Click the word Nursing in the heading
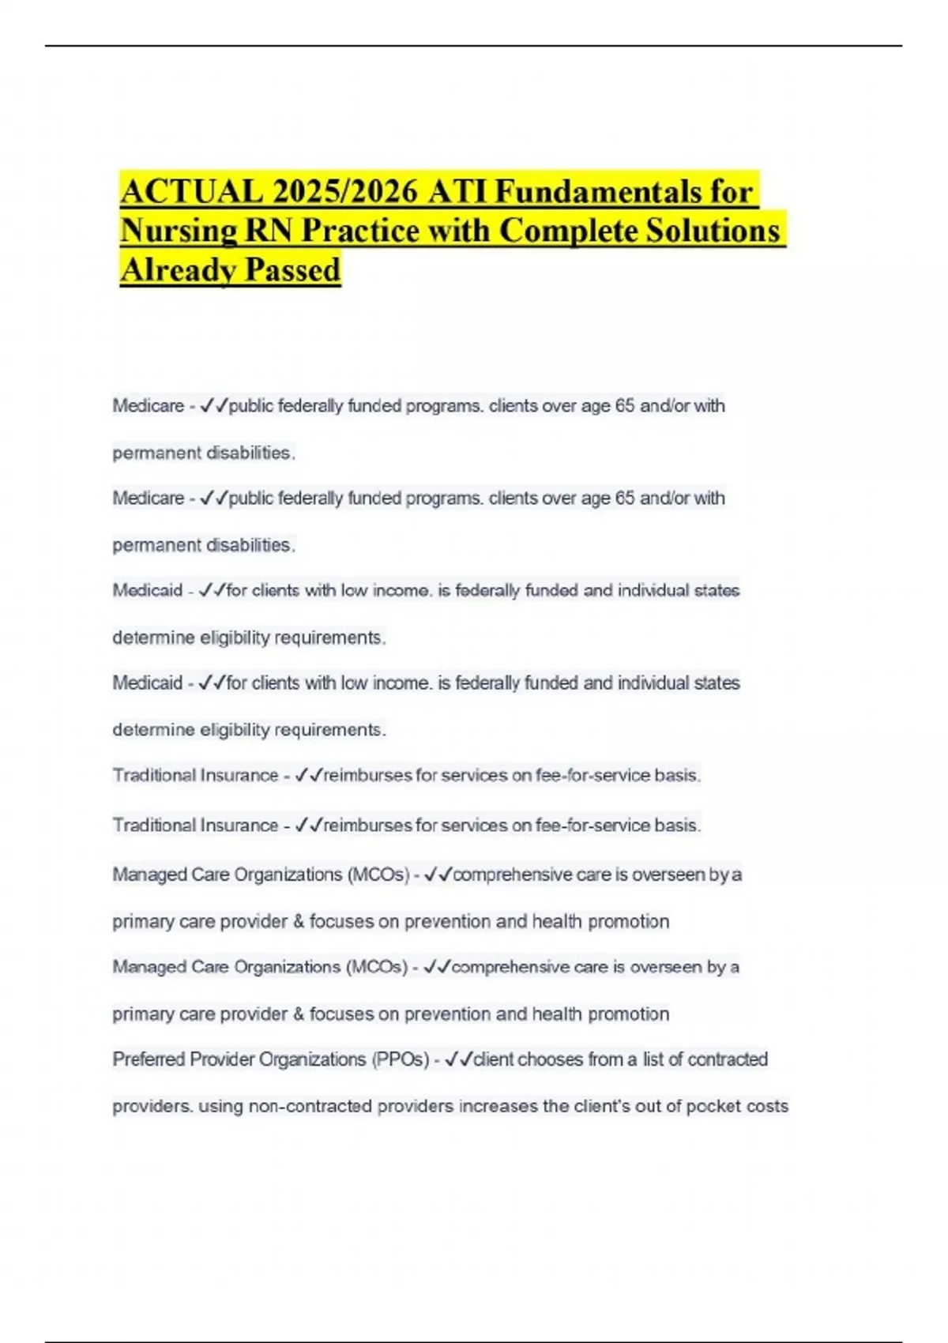point(179,231)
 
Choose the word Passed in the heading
point(292,270)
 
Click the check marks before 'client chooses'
point(458,1059)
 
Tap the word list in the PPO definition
point(653,1059)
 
